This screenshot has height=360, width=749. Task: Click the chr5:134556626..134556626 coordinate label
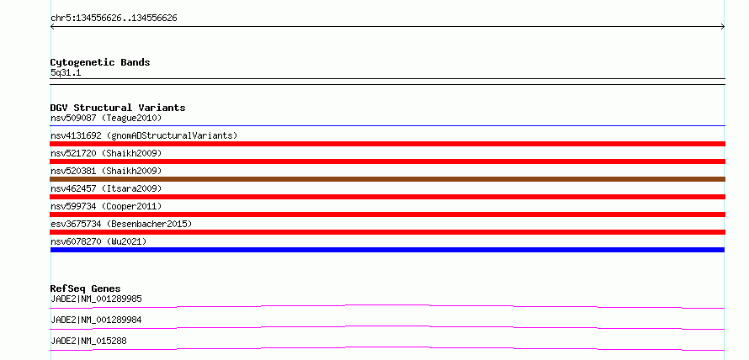[114, 19]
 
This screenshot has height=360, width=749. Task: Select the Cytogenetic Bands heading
[100, 62]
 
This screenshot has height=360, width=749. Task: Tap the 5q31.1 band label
[66, 73]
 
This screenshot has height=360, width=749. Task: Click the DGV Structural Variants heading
[118, 108]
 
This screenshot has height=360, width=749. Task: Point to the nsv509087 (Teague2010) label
[106, 118]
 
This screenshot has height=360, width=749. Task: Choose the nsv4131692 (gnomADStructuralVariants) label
[144, 135]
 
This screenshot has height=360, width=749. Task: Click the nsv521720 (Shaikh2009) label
[106, 153]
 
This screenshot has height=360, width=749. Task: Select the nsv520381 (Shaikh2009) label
[106, 171]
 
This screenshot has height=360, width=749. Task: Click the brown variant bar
[387, 179]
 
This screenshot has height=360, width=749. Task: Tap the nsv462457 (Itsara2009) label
[106, 188]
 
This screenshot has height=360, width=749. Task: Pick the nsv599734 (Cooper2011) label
[106, 206]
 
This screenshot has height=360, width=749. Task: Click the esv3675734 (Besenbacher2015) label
[121, 224]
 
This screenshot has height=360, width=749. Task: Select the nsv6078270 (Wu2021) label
[98, 241]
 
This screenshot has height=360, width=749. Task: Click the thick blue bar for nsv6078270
[387, 250]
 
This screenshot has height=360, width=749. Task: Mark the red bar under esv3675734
[387, 232]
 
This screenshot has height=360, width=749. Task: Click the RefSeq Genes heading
[85, 289]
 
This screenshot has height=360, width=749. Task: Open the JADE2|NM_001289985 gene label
[96, 299]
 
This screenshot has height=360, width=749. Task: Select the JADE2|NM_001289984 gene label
[96, 320]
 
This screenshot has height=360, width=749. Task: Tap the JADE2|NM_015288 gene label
[88, 341]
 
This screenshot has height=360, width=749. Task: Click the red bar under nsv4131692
[387, 144]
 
